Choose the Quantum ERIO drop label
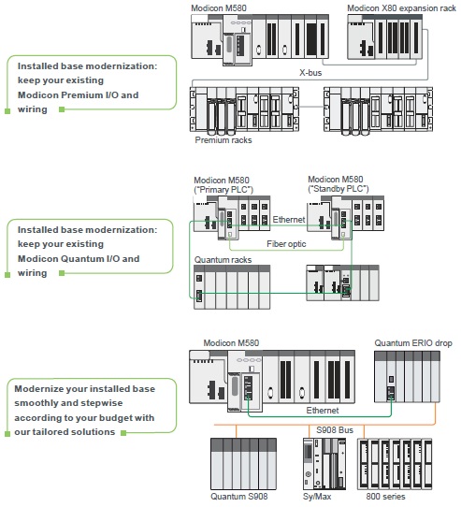413,343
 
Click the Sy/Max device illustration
317,463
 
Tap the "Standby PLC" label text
339,189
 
